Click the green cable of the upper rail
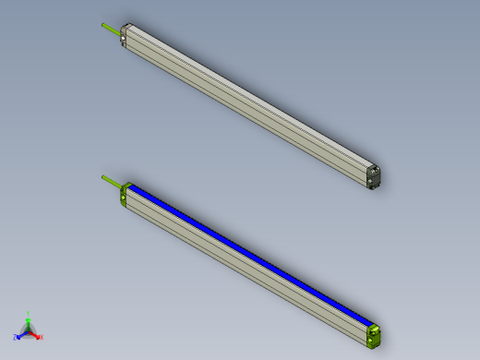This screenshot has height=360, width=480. [x=111, y=30]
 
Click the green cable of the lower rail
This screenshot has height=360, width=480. [x=111, y=181]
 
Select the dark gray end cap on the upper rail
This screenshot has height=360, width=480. [x=374, y=175]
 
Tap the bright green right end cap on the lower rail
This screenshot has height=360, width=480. [x=374, y=334]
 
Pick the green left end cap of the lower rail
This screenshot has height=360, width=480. [x=125, y=194]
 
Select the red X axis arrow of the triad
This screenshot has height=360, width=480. [x=36, y=335]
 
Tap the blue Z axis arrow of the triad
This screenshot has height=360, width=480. [x=21, y=335]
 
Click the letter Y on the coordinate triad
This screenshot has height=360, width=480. [x=29, y=314]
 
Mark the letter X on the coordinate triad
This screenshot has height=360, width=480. [x=42, y=338]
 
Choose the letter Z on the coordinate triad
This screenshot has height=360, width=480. [x=16, y=338]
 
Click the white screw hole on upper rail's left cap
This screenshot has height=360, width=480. [x=124, y=40]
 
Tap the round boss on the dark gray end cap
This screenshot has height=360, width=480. [x=374, y=171]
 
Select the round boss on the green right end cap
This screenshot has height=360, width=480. [x=374, y=330]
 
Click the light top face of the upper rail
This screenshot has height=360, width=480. [x=249, y=92]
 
